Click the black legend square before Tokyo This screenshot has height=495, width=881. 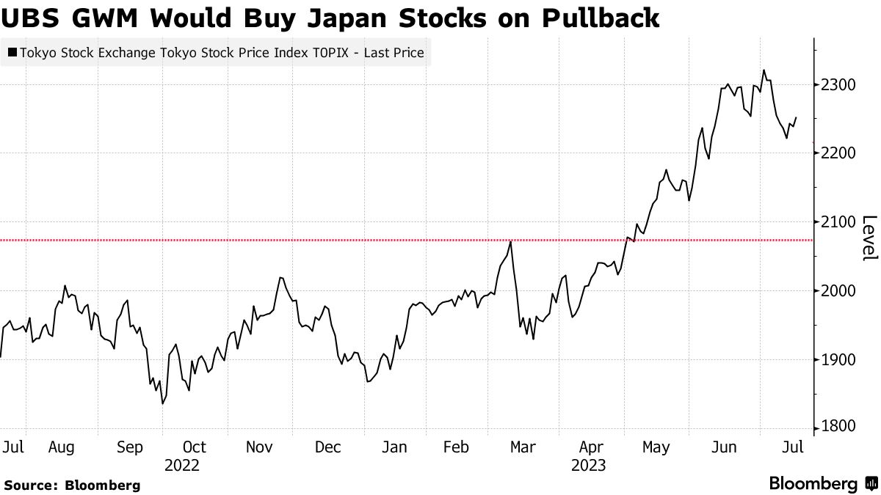[12, 53]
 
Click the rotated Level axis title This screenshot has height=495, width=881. [869, 238]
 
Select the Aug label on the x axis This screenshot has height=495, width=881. [62, 447]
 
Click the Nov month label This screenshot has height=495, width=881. [259, 447]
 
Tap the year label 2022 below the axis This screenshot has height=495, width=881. [182, 465]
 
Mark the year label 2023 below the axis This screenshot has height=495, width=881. [588, 465]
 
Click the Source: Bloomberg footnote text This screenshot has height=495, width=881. [72, 485]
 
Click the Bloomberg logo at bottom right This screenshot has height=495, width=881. [822, 484]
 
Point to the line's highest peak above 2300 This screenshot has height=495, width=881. [764, 70]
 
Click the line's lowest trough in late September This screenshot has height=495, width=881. [162, 403]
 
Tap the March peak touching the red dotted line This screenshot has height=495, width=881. [510, 241]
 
